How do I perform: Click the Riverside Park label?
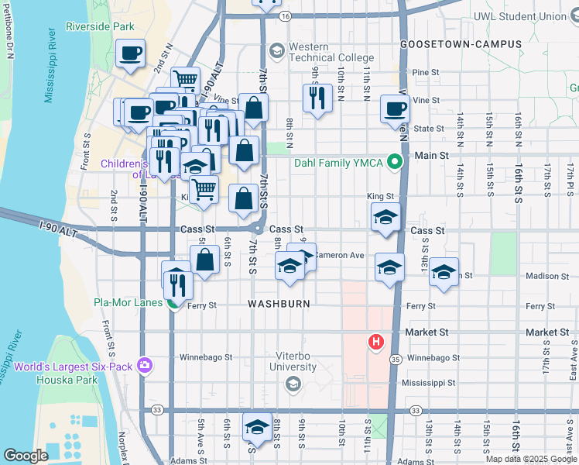pyautogui.click(x=101, y=26)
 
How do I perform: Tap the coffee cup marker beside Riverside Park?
pyautogui.click(x=130, y=54)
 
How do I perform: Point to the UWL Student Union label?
pyautogui.click(x=531, y=15)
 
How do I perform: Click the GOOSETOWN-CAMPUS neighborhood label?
pyautogui.click(x=461, y=44)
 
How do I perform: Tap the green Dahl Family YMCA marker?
pyautogui.click(x=394, y=162)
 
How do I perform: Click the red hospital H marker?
pyautogui.click(x=376, y=342)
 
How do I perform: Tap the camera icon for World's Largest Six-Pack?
pyautogui.click(x=143, y=364)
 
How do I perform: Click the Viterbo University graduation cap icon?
pyautogui.click(x=293, y=384)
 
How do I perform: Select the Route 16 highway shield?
pyautogui.click(x=286, y=15)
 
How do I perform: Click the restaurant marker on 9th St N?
pyautogui.click(x=317, y=98)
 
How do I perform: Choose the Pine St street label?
pyautogui.click(x=426, y=72)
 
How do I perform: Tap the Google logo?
pyautogui.click(x=26, y=455)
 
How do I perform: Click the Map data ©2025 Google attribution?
pyautogui.click(x=530, y=459)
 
